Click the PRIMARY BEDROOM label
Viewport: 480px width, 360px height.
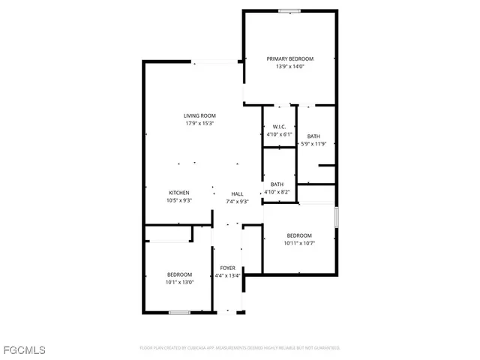coord(290,58)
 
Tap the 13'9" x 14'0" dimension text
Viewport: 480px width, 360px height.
coord(290,67)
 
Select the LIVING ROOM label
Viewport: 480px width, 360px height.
coord(199,115)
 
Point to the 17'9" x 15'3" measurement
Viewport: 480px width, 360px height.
coord(199,124)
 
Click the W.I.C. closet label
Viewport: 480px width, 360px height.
coord(279,127)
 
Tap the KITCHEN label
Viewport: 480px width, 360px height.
coord(178,193)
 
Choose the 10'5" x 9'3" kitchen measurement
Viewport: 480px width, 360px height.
coord(178,201)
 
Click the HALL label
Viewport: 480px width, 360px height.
coord(237,193)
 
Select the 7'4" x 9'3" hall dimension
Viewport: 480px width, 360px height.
coord(237,202)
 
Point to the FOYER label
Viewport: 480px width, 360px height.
coord(227,268)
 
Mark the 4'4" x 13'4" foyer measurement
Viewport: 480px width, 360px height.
coord(227,276)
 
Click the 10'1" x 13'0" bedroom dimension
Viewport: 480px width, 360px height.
coord(179,283)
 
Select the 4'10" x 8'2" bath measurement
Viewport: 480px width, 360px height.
coord(277,193)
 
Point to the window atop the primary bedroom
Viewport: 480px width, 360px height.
coord(289,10)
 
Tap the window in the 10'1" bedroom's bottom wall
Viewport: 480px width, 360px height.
coord(178,312)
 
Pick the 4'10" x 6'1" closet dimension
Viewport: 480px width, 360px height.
coord(279,135)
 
